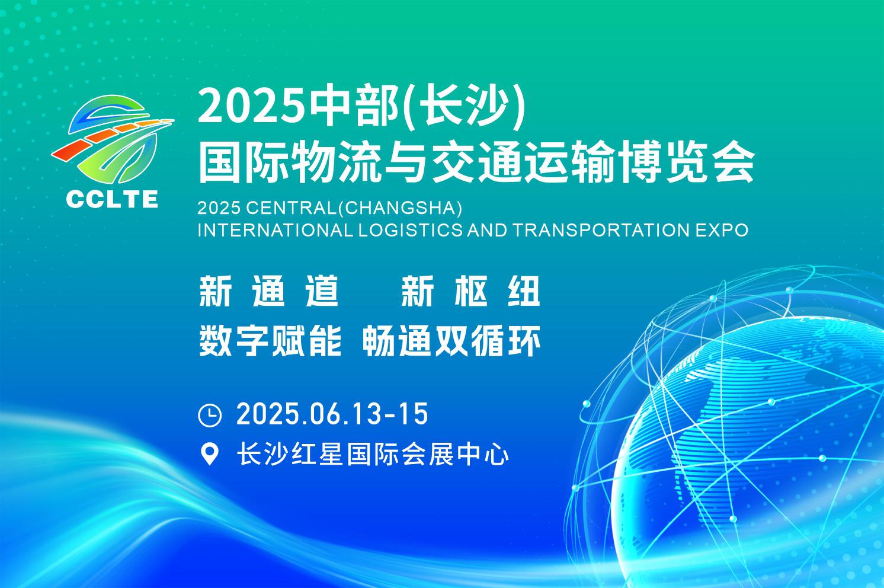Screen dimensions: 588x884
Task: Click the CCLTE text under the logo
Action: pyautogui.click(x=112, y=199)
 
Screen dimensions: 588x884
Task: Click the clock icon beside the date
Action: pyautogui.click(x=209, y=415)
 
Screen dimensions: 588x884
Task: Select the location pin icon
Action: pyautogui.click(x=209, y=455)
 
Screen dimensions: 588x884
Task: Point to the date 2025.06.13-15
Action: pyautogui.click(x=332, y=414)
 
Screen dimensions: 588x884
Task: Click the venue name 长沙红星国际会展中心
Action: pyautogui.click(x=373, y=455)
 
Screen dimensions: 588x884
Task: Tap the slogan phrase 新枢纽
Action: pyautogui.click(x=470, y=291)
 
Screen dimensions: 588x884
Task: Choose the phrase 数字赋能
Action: pyautogui.click(x=270, y=341)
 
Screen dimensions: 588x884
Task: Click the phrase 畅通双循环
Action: pyautogui.click(x=451, y=341)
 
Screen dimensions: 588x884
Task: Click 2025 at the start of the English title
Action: pyautogui.click(x=217, y=208)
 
